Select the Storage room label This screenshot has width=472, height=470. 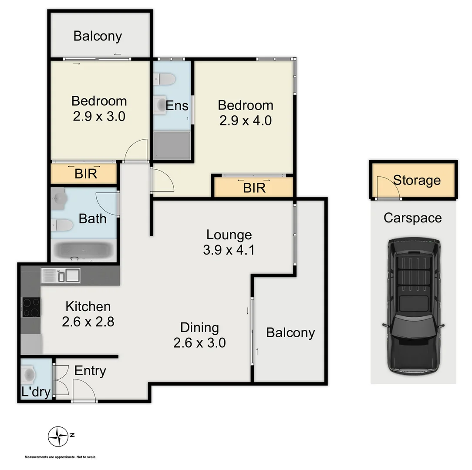[417, 180]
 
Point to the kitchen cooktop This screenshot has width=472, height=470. [31, 308]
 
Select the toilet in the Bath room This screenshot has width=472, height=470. [62, 225]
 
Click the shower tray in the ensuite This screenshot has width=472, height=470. [172, 145]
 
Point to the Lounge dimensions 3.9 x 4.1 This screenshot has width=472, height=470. [229, 250]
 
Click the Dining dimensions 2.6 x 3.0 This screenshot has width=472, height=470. [199, 343]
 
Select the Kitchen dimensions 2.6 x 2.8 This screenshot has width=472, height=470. [88, 322]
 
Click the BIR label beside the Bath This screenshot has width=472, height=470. [85, 174]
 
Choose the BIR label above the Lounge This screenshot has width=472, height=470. [254, 188]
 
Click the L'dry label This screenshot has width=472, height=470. [36, 392]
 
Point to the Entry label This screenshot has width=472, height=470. [90, 371]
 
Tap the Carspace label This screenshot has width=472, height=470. [412, 218]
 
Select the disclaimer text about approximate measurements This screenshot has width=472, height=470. [61, 457]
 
